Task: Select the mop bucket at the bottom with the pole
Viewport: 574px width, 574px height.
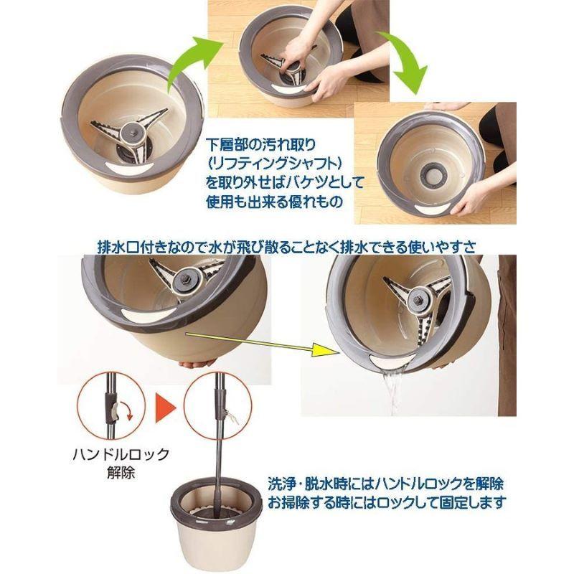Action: [x=215, y=516]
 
